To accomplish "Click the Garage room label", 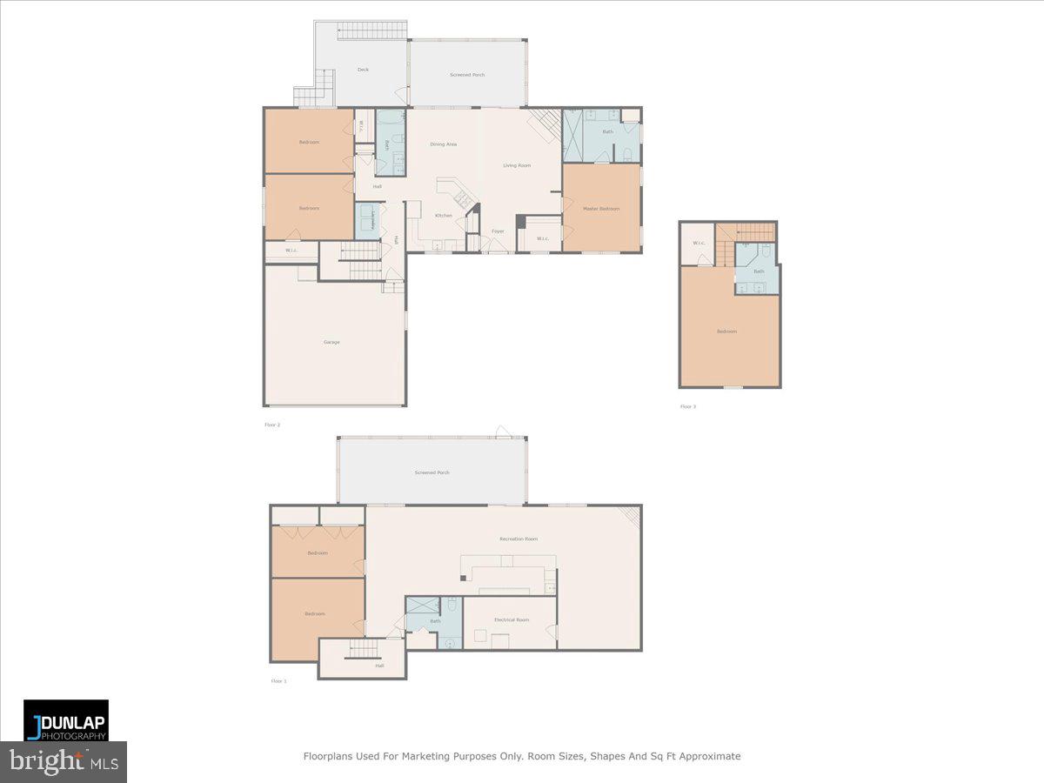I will [x=331, y=342].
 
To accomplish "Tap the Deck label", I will [x=363, y=70].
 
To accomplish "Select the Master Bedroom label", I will [x=601, y=209].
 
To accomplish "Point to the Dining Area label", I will [x=443, y=144].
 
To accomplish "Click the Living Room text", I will [x=516, y=165].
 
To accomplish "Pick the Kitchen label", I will [x=444, y=216].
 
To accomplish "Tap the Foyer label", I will [x=498, y=231].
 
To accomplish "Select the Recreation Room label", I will [x=518, y=539].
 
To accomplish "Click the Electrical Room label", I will [x=511, y=619].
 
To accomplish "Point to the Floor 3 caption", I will [x=688, y=406].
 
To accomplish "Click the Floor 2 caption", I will [x=272, y=425].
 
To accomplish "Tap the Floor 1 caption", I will [x=278, y=680].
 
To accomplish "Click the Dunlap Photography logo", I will [x=66, y=720].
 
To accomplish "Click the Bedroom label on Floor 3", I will [x=726, y=331].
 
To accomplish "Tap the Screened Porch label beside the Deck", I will [x=467, y=75].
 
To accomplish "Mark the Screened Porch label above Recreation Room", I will [x=432, y=472].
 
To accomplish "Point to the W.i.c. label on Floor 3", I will [x=699, y=243].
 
